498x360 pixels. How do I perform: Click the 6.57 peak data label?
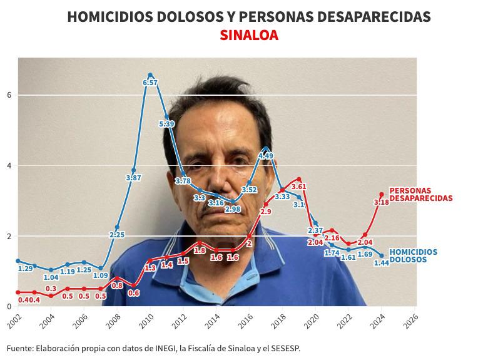tap(150, 83)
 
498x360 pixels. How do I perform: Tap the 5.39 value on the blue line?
tap(166, 124)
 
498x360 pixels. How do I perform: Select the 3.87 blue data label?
tap(133, 178)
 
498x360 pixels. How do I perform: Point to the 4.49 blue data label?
tap(266, 156)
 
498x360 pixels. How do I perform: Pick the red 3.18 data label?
tap(381, 202)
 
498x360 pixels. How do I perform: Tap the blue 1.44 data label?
tap(382, 263)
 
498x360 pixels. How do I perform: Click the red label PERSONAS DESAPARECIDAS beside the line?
tap(420, 194)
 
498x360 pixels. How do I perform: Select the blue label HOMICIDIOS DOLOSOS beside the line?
tap(414, 255)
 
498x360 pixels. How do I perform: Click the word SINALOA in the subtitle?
tap(249, 36)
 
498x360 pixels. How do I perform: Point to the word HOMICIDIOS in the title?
tap(104, 17)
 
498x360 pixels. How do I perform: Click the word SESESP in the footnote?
tap(283, 349)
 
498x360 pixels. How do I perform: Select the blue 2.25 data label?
tap(117, 235)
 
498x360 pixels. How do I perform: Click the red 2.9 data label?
tap(266, 212)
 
